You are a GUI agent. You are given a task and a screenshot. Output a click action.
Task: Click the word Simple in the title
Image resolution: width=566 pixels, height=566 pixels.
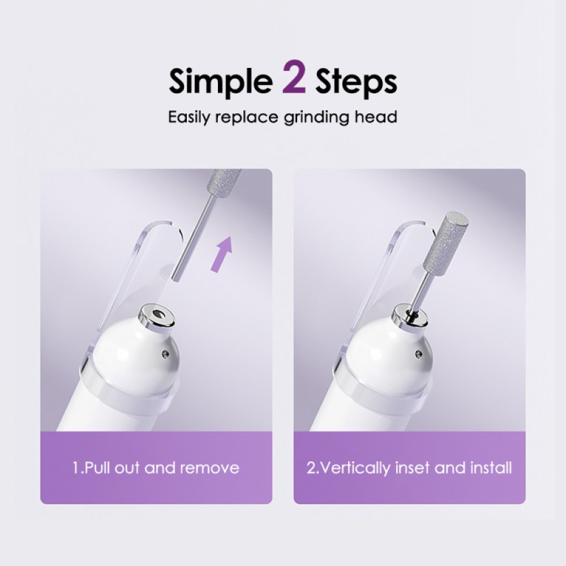220,82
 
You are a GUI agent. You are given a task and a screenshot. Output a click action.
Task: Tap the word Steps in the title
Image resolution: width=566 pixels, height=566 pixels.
355,82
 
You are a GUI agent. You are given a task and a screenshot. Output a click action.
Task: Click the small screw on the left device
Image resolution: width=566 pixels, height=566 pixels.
165,354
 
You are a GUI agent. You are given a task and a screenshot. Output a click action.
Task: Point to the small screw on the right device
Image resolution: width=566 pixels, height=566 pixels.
418,355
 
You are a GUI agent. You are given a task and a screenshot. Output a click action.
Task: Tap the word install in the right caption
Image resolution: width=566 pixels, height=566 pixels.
491,468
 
